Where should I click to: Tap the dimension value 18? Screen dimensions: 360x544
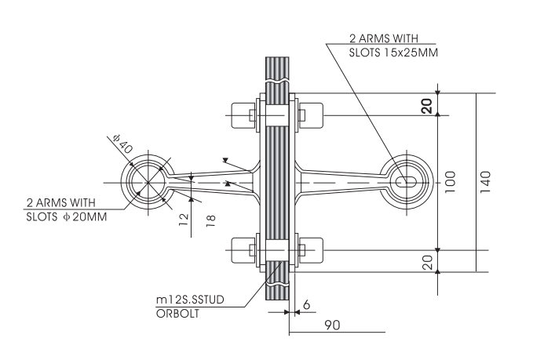tap(210, 220)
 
